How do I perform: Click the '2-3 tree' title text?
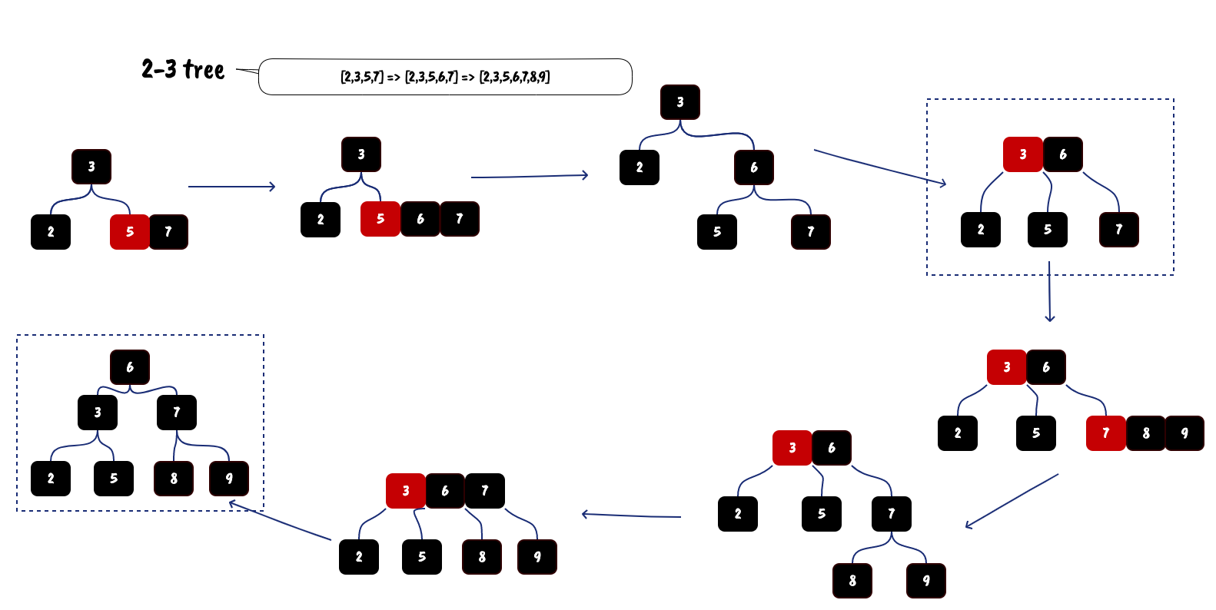click(x=183, y=69)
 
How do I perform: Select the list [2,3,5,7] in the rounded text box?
click(x=361, y=77)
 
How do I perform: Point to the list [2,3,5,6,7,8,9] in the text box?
click(x=514, y=77)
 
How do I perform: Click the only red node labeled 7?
click(x=1105, y=433)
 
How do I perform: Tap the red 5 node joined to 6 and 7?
click(x=380, y=219)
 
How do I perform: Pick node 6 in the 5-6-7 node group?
click(x=420, y=219)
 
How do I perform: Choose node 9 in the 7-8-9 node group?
click(x=1184, y=433)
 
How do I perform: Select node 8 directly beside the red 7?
click(x=1145, y=433)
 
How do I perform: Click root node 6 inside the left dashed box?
click(x=130, y=367)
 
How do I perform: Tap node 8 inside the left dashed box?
click(x=174, y=479)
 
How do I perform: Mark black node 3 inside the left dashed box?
click(x=98, y=413)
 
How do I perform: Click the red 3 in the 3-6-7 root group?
click(x=406, y=491)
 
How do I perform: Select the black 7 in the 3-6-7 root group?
click(x=485, y=491)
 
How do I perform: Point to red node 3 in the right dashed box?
click(x=1023, y=154)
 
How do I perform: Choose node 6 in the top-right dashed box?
click(x=1063, y=154)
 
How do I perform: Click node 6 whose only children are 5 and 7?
click(x=754, y=167)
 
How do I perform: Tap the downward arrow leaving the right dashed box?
click(x=1049, y=292)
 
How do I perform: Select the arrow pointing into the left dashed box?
click(x=281, y=522)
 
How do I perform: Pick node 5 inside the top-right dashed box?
click(x=1048, y=230)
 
